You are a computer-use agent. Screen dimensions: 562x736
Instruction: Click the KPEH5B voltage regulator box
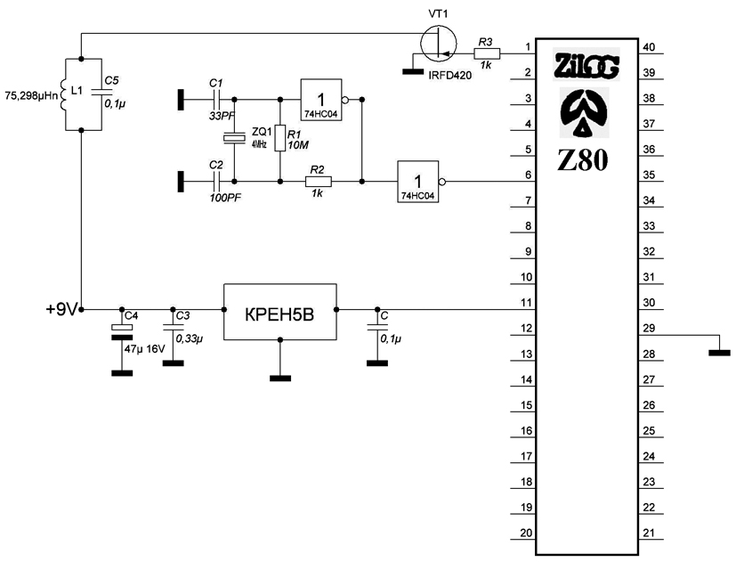(x=279, y=311)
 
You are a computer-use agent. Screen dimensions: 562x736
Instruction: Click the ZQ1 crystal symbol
(x=233, y=138)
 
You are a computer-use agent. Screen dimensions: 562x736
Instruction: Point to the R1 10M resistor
(x=280, y=138)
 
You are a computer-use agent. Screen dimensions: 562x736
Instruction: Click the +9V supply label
(x=61, y=309)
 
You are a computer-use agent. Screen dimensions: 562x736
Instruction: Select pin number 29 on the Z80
(x=649, y=329)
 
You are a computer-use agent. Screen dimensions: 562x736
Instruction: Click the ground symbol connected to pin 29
(x=717, y=353)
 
